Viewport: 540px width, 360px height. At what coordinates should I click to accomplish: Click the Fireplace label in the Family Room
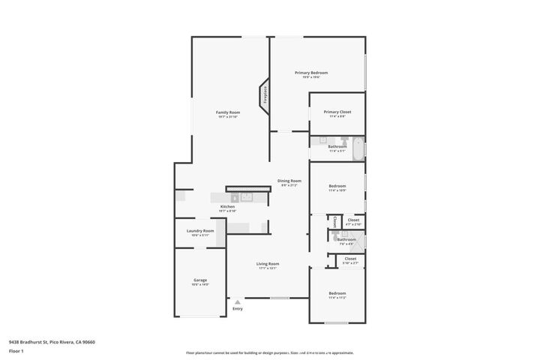(x=265, y=96)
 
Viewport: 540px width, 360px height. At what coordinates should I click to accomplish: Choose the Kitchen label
(x=227, y=207)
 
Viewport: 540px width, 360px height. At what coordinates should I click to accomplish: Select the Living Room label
(x=268, y=264)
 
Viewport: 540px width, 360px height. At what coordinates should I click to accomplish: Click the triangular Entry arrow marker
(x=238, y=301)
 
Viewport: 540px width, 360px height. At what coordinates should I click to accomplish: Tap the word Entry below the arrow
(x=238, y=309)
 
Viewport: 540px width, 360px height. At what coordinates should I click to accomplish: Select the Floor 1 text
(x=16, y=351)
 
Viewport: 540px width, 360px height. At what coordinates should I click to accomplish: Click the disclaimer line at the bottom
(x=270, y=352)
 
